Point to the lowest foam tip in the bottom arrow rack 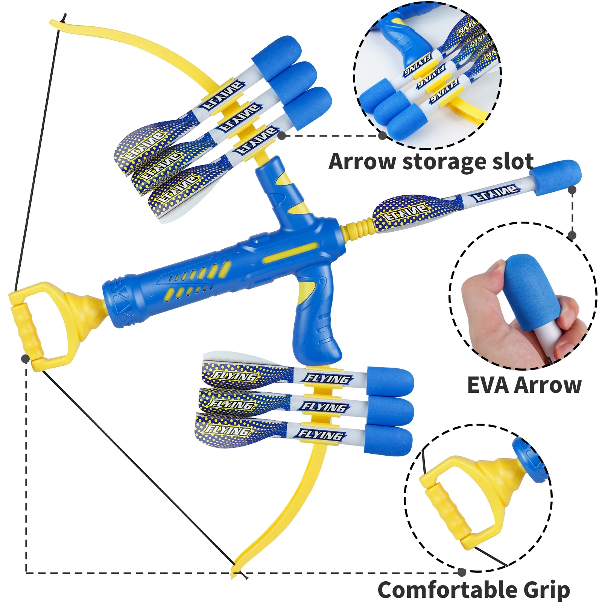[389, 440]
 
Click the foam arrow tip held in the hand [531, 290]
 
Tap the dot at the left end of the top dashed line [281, 136]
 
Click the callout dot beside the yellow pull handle [25, 359]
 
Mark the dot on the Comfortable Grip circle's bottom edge [462, 572]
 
